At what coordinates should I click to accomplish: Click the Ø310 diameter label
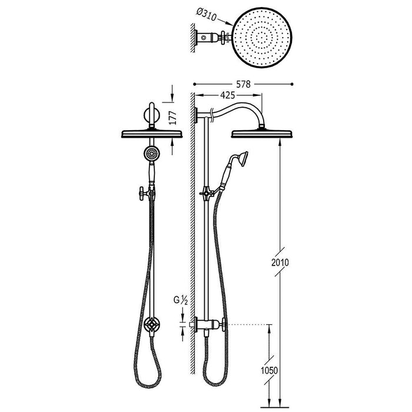(x=207, y=15)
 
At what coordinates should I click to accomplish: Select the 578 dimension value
(x=243, y=84)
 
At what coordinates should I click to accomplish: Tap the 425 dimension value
(x=228, y=95)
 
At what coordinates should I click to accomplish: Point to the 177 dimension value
(x=172, y=118)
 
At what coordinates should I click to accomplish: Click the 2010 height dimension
(x=280, y=263)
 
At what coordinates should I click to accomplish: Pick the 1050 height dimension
(x=270, y=370)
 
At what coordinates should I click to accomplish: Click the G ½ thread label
(x=181, y=300)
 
